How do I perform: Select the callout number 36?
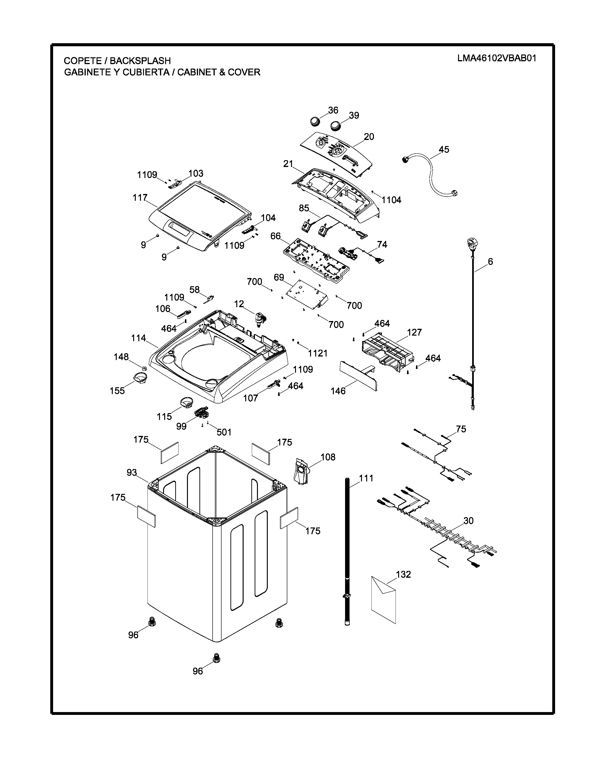(333, 110)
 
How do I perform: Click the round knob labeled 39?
(335, 126)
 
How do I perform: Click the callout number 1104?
(391, 200)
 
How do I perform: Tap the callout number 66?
(275, 236)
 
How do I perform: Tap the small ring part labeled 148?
(144, 367)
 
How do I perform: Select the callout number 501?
(224, 432)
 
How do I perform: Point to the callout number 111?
(366, 478)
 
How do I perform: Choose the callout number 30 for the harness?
(468, 521)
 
